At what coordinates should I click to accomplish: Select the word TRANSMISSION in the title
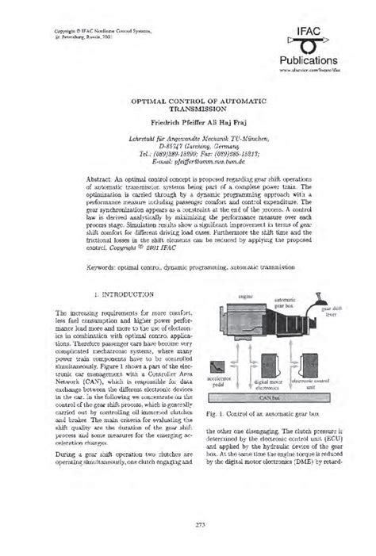pyautogui.click(x=188, y=112)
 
